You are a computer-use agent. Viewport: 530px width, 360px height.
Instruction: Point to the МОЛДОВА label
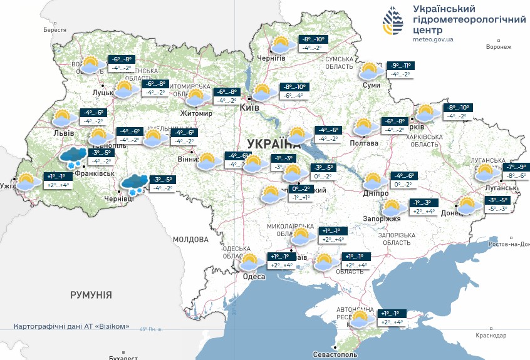pos(190,239)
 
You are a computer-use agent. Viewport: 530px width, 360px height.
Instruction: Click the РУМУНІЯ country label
pos(91,294)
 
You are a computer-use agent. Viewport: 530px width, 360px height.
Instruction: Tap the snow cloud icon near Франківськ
pos(73,157)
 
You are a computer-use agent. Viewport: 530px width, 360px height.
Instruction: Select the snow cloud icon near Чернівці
pos(134,183)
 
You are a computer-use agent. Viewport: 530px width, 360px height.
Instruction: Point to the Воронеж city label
pos(499,47)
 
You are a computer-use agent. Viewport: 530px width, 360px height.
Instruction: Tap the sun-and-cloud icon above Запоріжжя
pos(393,207)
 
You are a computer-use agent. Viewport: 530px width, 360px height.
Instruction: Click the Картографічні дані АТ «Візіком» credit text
pos(75,326)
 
